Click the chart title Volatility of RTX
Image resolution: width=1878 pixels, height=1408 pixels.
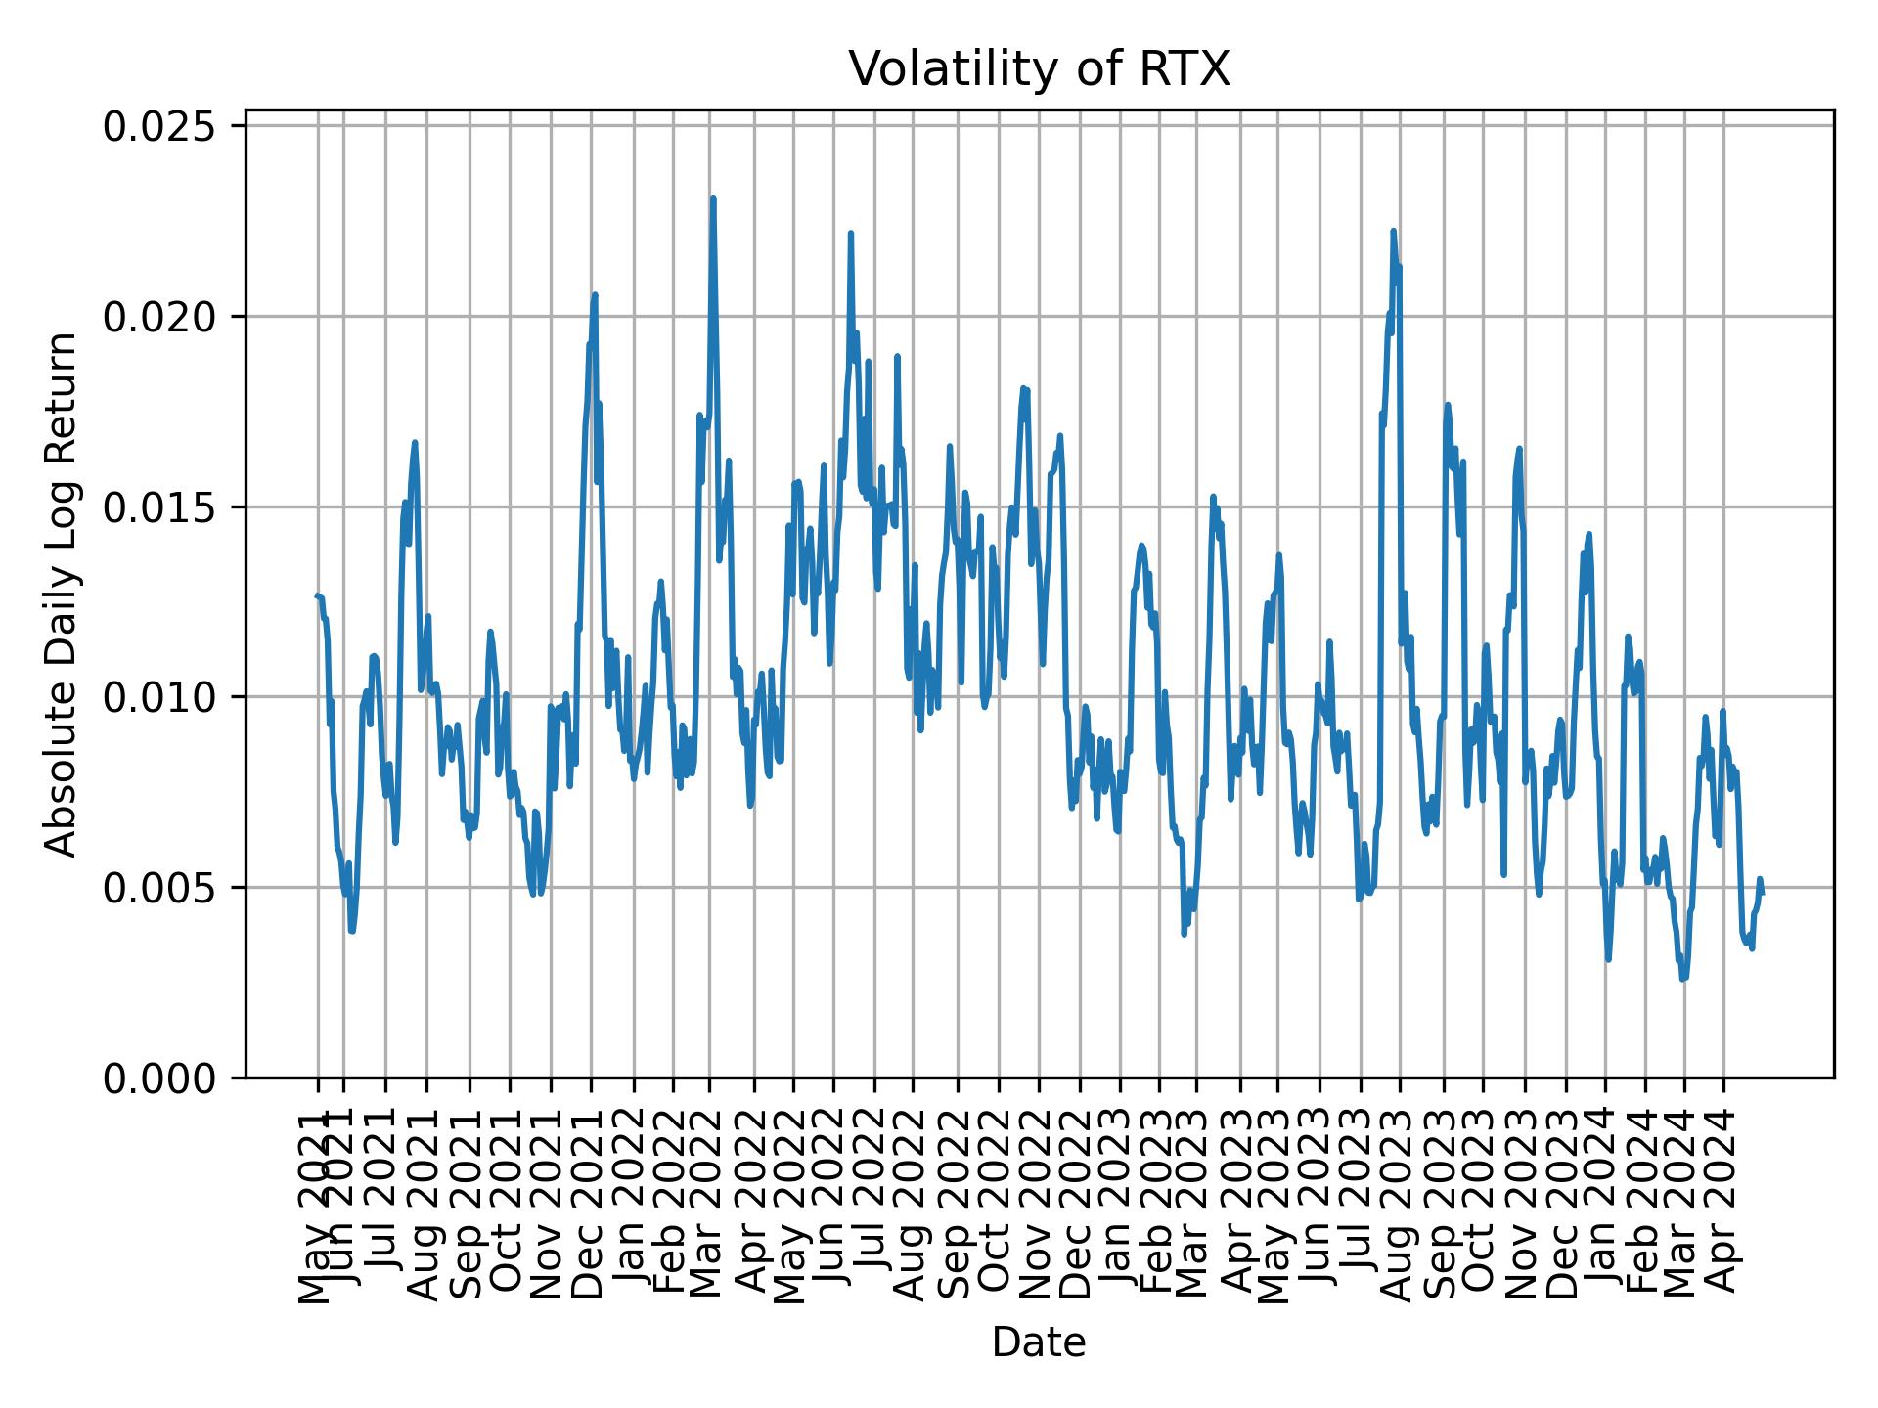pos(1039,70)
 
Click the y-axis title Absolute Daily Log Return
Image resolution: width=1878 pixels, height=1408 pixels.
pos(63,594)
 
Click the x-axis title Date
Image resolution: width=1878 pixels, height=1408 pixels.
pos(1039,1342)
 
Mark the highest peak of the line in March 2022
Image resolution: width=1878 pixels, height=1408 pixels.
pos(713,198)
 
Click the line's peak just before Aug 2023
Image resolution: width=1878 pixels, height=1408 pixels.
pos(1393,231)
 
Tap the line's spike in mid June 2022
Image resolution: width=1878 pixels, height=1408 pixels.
pos(851,233)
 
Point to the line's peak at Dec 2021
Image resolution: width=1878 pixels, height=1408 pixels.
pos(595,294)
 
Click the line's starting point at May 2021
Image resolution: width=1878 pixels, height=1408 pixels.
pos(317,595)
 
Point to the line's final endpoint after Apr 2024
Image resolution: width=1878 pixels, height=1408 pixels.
pos(1762,892)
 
